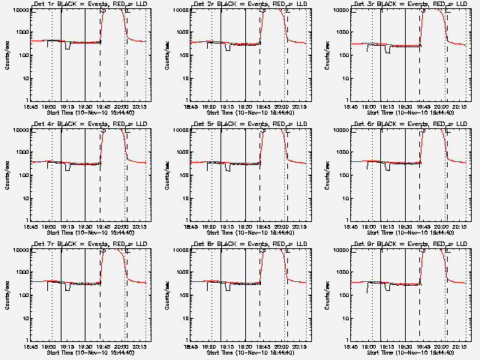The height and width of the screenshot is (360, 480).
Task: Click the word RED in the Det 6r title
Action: [424, 124]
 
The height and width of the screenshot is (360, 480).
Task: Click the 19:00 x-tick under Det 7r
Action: [49, 346]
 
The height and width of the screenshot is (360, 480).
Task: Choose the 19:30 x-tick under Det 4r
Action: [85, 226]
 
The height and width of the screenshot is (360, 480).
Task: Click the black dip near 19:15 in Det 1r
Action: [68, 46]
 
